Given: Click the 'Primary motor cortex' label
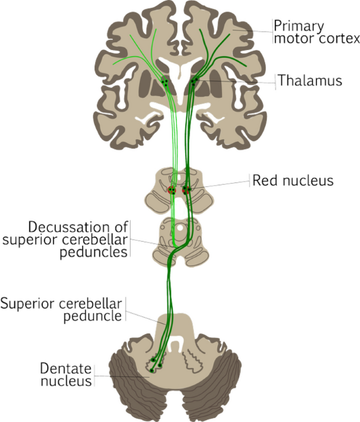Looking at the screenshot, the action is pyautogui.click(x=317, y=32).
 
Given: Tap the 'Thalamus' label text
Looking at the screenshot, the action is pyautogui.click(x=310, y=80).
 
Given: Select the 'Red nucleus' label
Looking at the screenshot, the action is pyautogui.click(x=293, y=180).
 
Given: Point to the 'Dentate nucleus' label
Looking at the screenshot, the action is pyautogui.click(x=66, y=375).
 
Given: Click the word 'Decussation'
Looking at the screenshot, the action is pyautogui.click(x=69, y=228).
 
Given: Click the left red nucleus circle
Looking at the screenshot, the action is pyautogui.click(x=172, y=190).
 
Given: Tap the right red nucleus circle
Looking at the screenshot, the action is pyautogui.click(x=186, y=190).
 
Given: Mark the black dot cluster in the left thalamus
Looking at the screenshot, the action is pyautogui.click(x=164, y=82).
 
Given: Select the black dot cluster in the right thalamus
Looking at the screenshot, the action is pyautogui.click(x=194, y=81).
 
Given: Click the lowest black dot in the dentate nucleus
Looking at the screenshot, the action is pyautogui.click(x=152, y=371).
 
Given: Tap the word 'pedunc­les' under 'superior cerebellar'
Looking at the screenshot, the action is pyautogui.click(x=94, y=253).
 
